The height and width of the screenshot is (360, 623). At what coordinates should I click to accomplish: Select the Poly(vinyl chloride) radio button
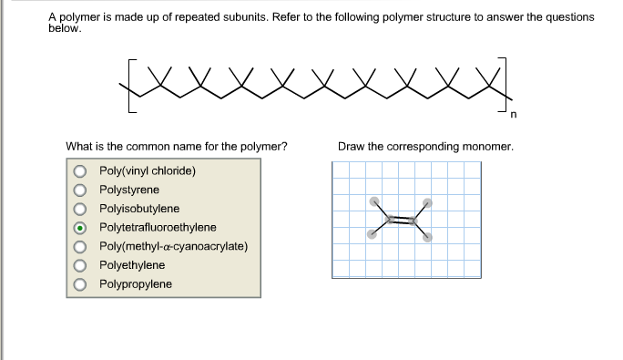click(x=81, y=171)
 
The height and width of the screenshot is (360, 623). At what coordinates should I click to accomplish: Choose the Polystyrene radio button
click(x=81, y=190)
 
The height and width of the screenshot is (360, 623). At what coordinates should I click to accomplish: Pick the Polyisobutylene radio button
click(x=81, y=209)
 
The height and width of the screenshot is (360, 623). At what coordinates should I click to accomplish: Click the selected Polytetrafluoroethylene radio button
click(x=81, y=228)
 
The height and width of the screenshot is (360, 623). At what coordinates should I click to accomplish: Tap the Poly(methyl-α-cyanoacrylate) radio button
click(x=81, y=247)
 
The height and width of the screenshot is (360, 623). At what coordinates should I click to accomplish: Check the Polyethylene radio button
click(x=81, y=265)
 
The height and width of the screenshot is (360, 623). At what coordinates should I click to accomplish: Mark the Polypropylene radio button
click(x=81, y=284)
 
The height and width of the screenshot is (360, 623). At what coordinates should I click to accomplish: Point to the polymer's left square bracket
click(x=128, y=87)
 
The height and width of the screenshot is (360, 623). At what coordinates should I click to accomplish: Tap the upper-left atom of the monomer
click(x=373, y=201)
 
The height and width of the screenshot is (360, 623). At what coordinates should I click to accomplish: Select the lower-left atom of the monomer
click(x=371, y=234)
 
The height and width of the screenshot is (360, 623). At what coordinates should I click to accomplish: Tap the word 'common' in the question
click(x=137, y=146)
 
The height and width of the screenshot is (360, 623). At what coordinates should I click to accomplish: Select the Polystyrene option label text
click(x=128, y=190)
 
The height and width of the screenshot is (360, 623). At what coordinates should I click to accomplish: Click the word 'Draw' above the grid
click(x=351, y=146)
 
